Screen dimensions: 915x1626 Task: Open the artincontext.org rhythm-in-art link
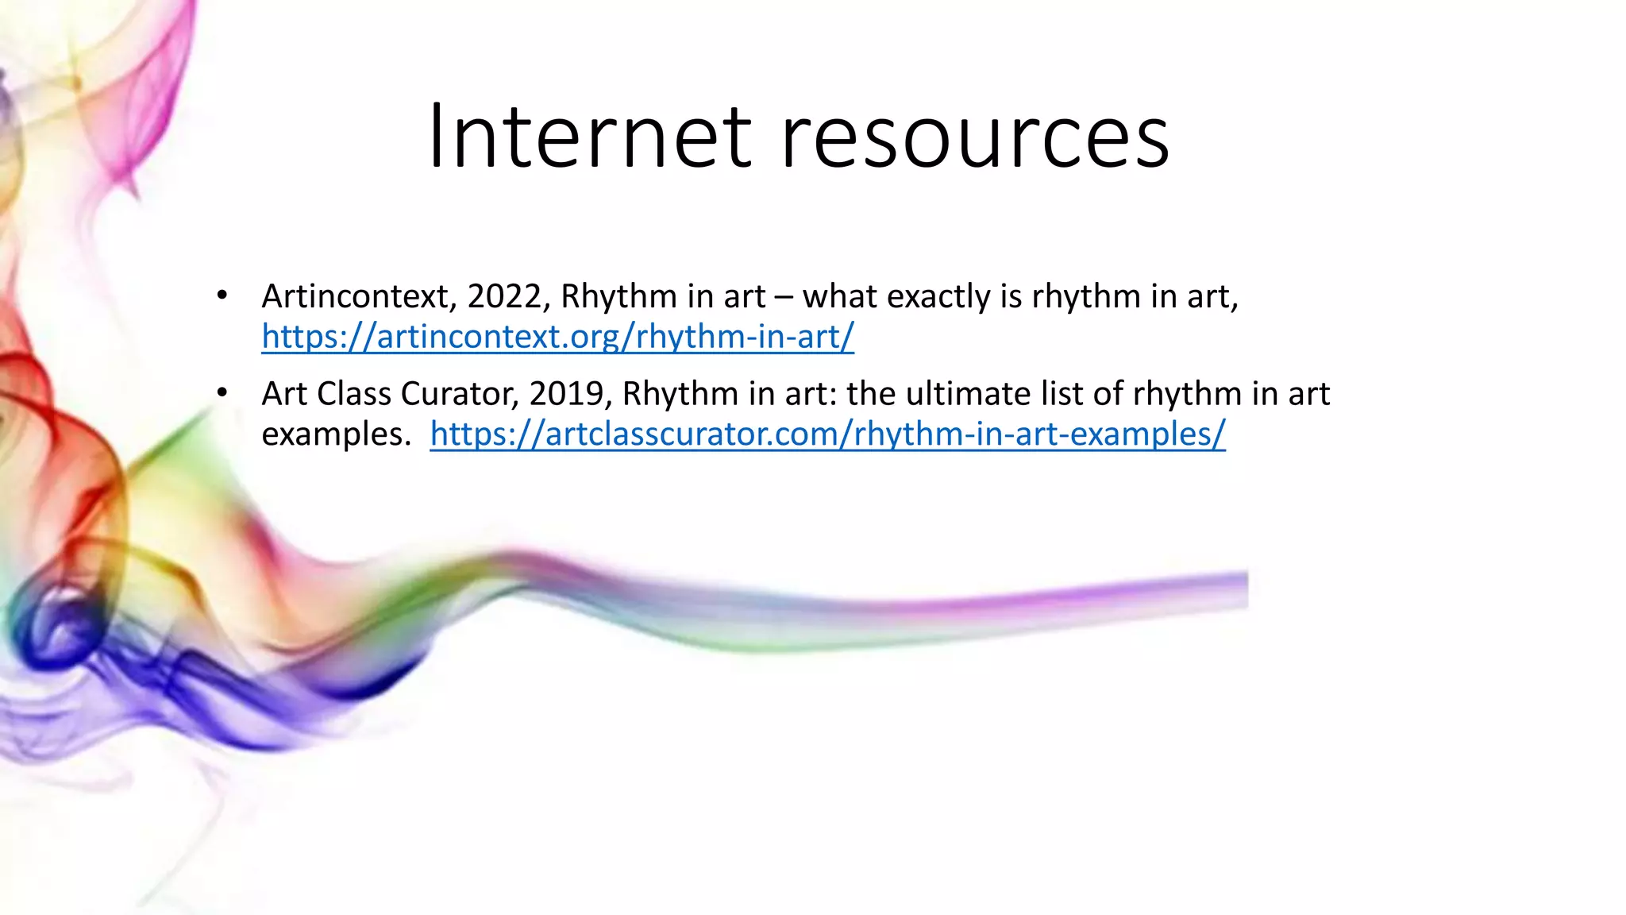coord(557,337)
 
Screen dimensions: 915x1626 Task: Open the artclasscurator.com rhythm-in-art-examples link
coord(827,434)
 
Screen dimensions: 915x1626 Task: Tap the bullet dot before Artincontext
coord(222,296)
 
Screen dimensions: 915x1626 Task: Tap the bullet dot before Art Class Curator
coord(222,393)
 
